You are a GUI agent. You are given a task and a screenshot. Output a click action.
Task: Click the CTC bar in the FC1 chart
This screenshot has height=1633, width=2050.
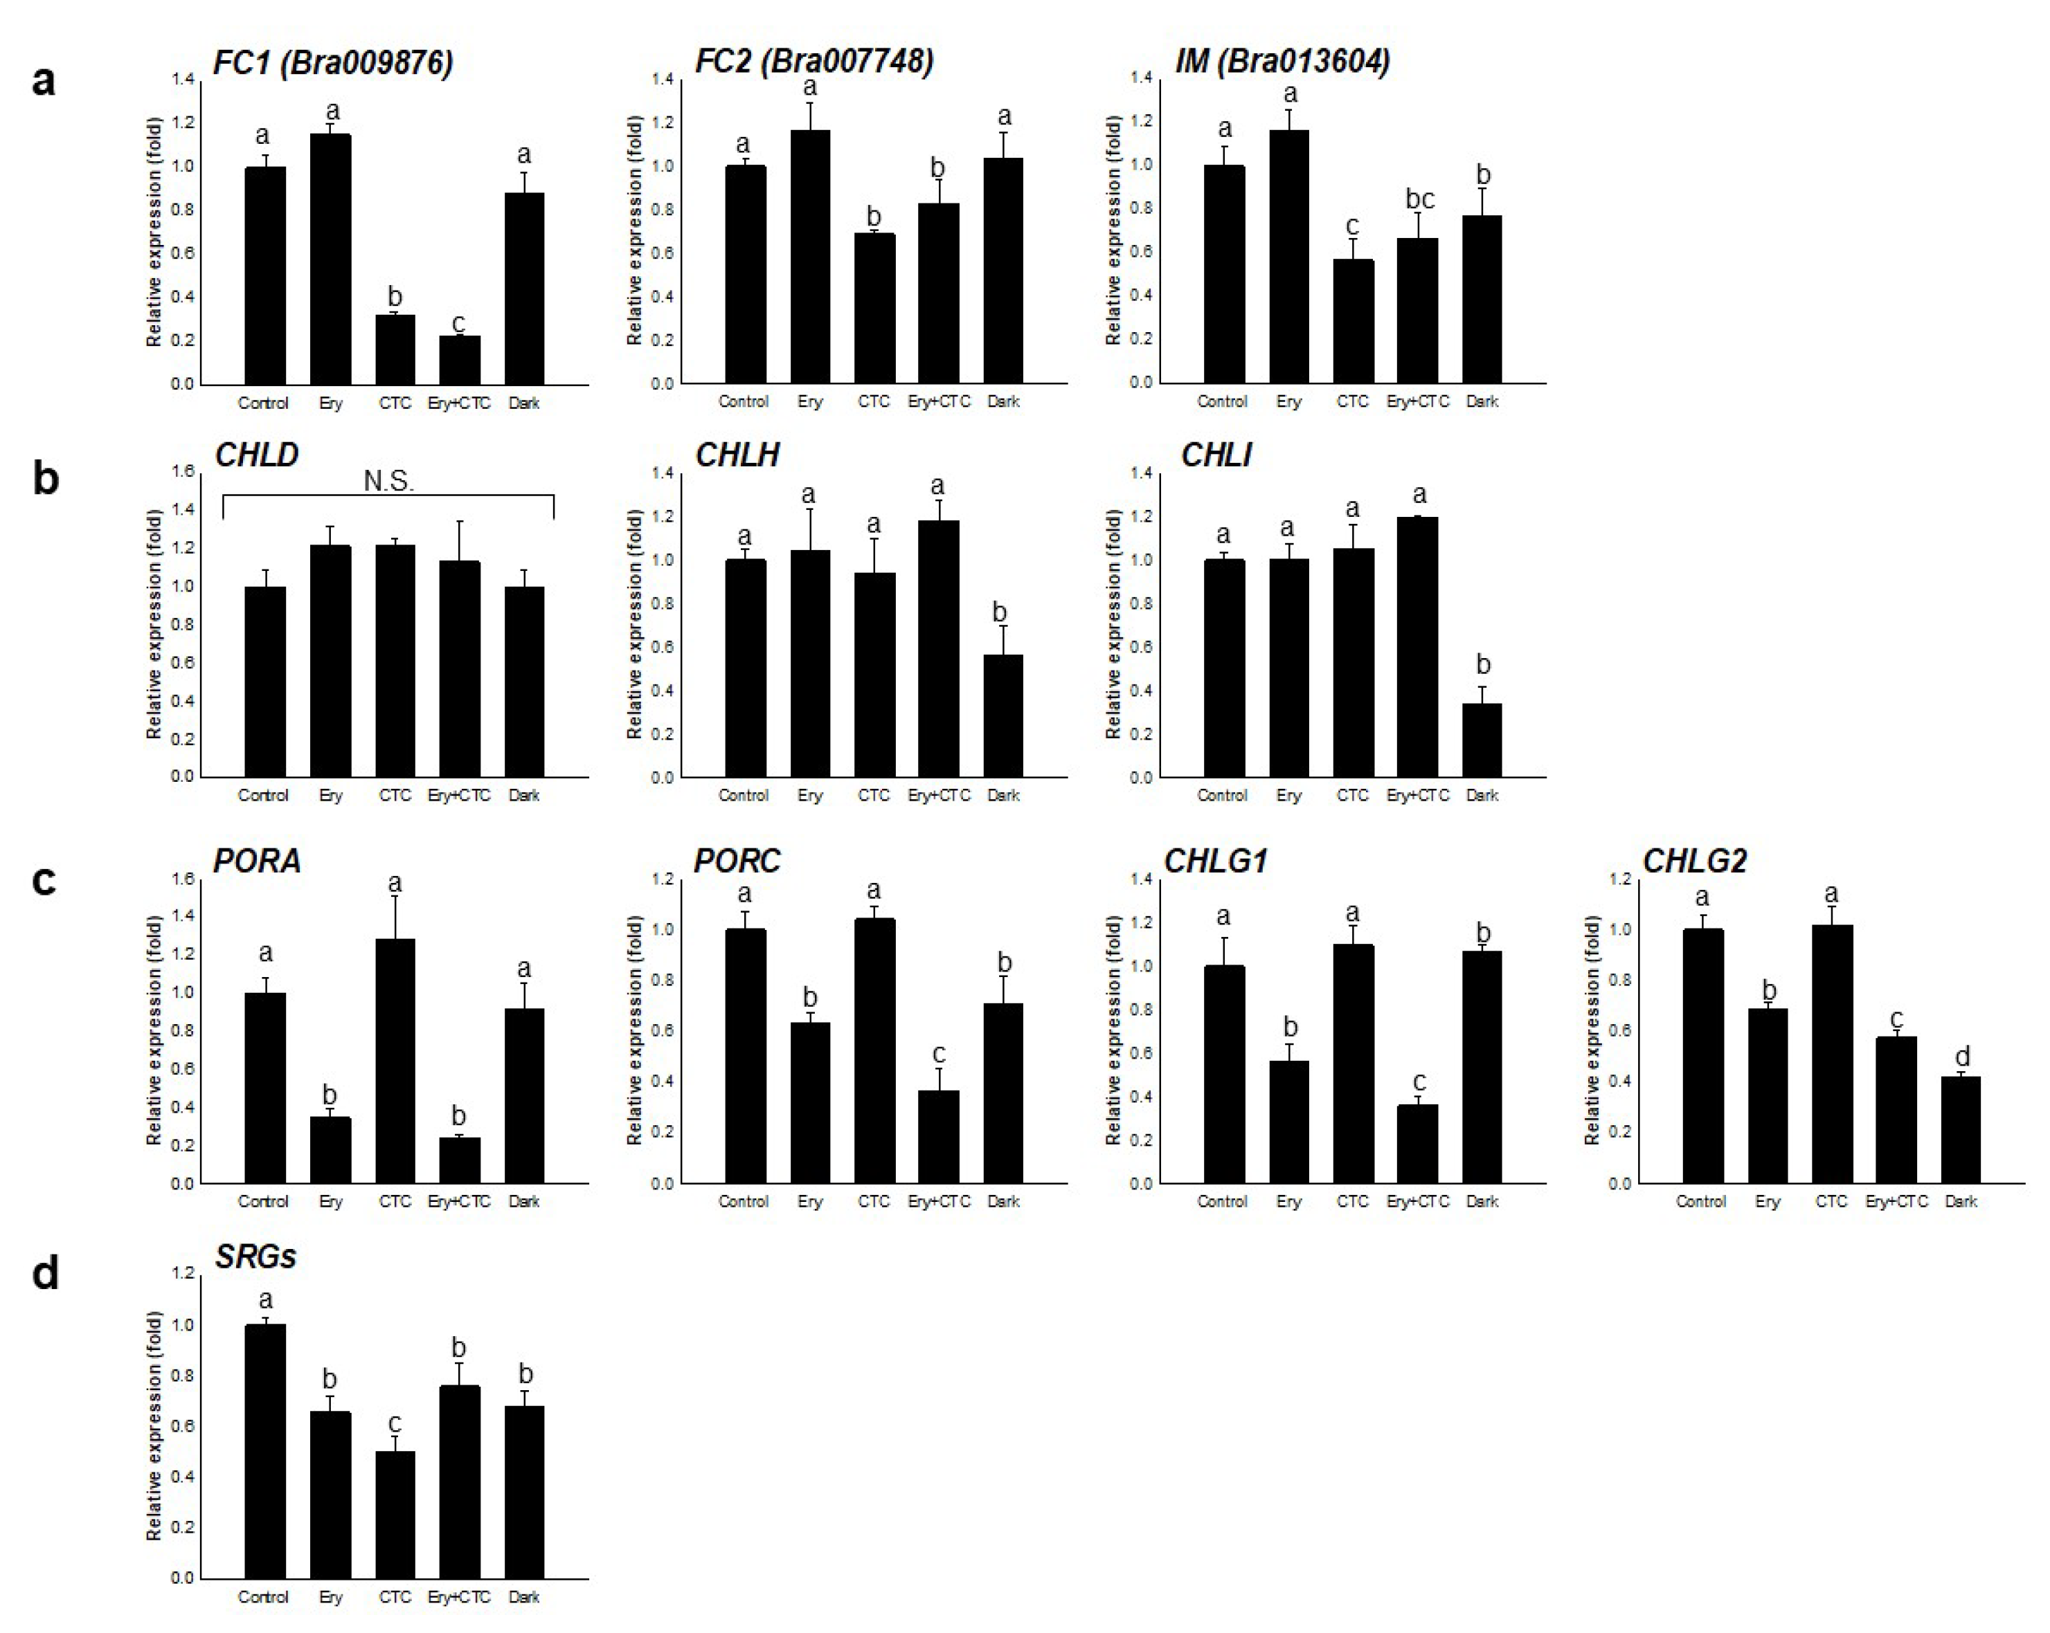[395, 349]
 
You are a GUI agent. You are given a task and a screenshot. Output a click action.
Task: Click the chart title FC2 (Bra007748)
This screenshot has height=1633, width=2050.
[814, 61]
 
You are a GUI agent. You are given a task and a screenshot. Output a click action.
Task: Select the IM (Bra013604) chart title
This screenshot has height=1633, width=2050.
[1283, 61]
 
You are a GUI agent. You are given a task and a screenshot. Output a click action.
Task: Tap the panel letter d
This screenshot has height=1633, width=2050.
[45, 1272]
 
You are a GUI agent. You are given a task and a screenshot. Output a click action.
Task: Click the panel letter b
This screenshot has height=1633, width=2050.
[45, 478]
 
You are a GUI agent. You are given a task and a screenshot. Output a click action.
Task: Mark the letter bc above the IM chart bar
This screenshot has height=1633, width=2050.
[1419, 199]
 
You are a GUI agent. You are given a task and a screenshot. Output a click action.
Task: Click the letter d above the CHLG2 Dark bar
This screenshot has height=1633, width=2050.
[1961, 1055]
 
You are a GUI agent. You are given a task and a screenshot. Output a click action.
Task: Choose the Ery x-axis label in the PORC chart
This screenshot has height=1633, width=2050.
[809, 1201]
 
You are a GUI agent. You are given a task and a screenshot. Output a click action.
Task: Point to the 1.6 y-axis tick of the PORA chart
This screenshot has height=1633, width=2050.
[183, 879]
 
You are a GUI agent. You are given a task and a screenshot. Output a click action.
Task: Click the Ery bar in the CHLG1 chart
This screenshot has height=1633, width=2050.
[1288, 1122]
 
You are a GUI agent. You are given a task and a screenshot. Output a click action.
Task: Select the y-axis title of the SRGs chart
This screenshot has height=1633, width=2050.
[154, 1426]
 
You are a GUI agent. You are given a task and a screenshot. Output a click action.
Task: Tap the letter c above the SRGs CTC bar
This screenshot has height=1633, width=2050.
[395, 1423]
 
